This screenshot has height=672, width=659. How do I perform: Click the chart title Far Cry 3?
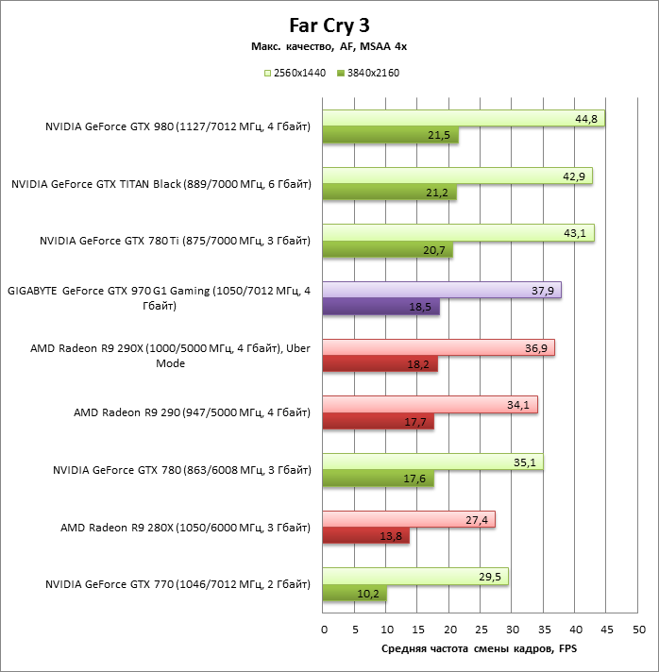pyautogui.click(x=329, y=25)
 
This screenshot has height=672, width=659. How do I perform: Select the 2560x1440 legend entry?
pyautogui.click(x=294, y=73)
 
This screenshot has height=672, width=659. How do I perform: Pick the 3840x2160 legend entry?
pyautogui.click(x=364, y=73)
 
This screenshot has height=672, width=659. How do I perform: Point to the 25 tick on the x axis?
pyautogui.click(x=481, y=630)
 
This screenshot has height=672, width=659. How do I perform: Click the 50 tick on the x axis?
pyautogui.click(x=638, y=630)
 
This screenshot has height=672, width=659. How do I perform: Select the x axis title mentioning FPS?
pyautogui.click(x=479, y=649)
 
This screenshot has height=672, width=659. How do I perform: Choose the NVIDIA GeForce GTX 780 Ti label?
pyautogui.click(x=175, y=242)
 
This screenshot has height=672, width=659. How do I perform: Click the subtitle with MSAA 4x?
pyautogui.click(x=329, y=45)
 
